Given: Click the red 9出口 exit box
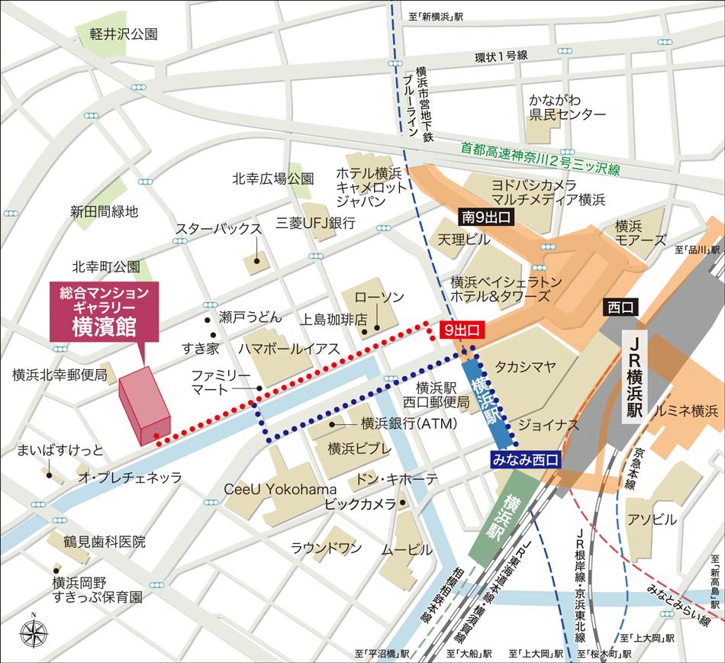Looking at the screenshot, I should (463, 330).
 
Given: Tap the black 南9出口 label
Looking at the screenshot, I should (485, 217).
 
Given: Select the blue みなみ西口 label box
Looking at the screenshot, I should (525, 459).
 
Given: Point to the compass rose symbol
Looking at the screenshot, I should (34, 632).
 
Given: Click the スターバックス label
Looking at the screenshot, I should (218, 229).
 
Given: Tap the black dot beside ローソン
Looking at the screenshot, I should (365, 330).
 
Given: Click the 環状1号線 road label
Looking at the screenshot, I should (501, 56).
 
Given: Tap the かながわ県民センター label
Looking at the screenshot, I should (568, 108).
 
